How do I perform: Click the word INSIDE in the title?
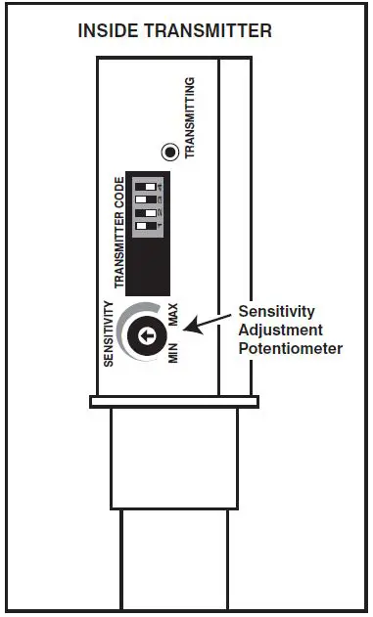click(x=108, y=31)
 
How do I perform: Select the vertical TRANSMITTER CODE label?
click(x=119, y=233)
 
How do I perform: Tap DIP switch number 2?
click(x=148, y=213)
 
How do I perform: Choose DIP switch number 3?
click(x=148, y=198)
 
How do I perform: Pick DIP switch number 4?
click(x=148, y=184)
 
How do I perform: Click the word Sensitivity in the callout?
click(x=277, y=312)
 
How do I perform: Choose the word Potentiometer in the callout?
click(x=291, y=347)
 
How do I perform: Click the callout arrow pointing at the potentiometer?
click(x=211, y=324)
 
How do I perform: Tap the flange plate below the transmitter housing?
click(x=173, y=401)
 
